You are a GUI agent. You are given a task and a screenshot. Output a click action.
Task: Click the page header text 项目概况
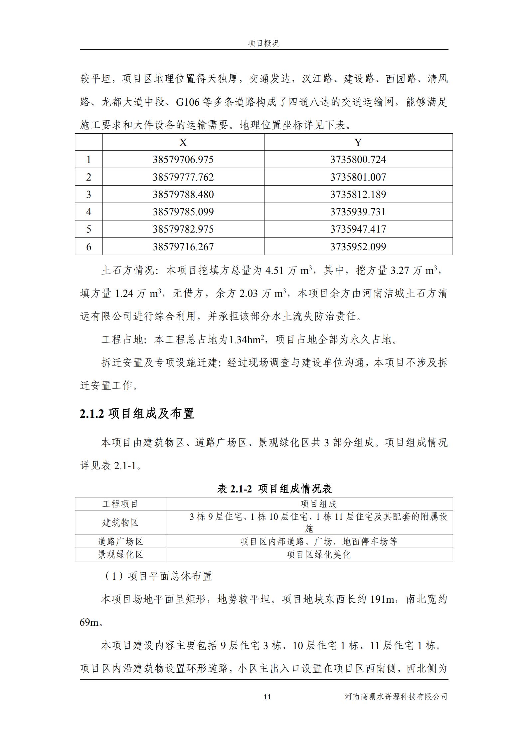[x=264, y=43]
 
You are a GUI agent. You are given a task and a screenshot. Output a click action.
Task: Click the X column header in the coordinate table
[x=183, y=143]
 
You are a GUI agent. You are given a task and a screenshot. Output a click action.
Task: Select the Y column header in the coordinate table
[x=358, y=143]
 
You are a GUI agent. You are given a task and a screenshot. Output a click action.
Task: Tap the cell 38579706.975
[x=183, y=160]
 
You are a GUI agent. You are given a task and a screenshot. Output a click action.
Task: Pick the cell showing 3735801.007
[x=358, y=177]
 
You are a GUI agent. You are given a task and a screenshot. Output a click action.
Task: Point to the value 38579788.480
[x=183, y=194]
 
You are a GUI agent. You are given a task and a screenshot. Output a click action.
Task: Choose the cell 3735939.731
[x=358, y=212]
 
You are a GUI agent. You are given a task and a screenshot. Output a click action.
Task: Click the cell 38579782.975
[x=183, y=229]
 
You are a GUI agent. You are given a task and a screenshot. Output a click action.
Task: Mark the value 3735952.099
[x=358, y=247]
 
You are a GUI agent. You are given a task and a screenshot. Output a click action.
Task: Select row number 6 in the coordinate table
[x=88, y=247]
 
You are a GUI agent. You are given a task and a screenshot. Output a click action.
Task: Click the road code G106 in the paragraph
[x=187, y=102]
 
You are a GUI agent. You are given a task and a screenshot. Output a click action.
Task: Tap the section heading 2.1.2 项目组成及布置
[x=137, y=413]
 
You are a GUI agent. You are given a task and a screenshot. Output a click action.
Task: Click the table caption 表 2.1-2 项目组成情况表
[x=274, y=488]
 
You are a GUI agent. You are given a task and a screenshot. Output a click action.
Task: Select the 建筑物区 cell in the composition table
[x=120, y=522]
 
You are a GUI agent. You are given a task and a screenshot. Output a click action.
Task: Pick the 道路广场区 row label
[x=120, y=541]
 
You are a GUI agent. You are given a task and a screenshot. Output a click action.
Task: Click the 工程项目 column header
[x=120, y=504]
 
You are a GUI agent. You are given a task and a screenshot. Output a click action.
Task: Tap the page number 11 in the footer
[x=267, y=697]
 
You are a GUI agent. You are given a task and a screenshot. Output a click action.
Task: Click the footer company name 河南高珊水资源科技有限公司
[x=396, y=697]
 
